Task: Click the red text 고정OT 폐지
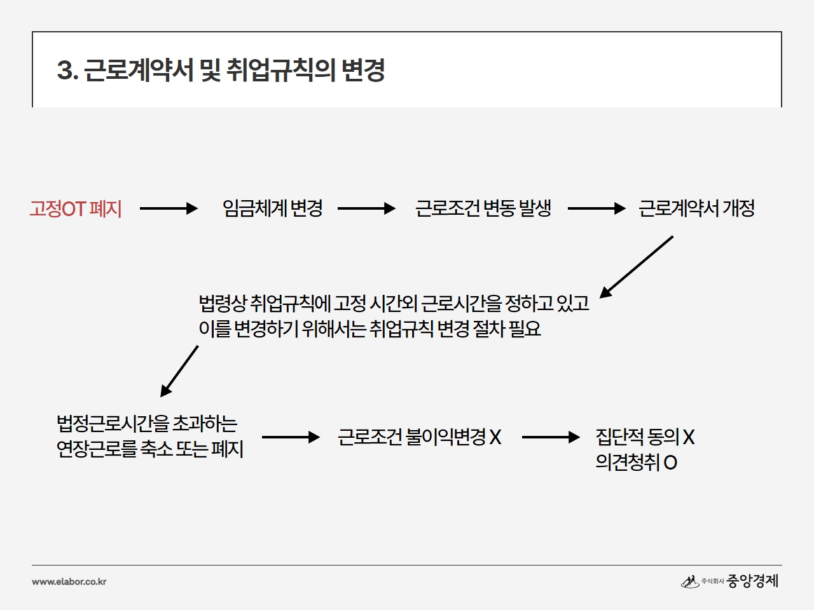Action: pyautogui.click(x=76, y=208)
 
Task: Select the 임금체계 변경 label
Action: pyautogui.click(x=273, y=208)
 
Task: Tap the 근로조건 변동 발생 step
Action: pyautogui.click(x=483, y=208)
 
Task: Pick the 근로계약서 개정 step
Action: pyautogui.click(x=696, y=208)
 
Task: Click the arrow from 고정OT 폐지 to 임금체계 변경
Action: pyautogui.click(x=169, y=208)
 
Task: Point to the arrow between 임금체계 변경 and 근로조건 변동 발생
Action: pyautogui.click(x=366, y=208)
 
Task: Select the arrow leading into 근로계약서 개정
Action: pyautogui.click(x=597, y=208)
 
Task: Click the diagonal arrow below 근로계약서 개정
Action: pyautogui.click(x=637, y=267)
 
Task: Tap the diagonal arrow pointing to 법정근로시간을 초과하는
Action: pyautogui.click(x=179, y=371)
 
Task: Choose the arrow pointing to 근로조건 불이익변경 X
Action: pyautogui.click(x=291, y=437)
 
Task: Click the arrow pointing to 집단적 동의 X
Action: pyautogui.click(x=551, y=437)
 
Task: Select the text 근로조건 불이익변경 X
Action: pyautogui.click(x=420, y=437)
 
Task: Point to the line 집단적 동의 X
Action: pyautogui.click(x=645, y=437)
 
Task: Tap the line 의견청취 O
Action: pyautogui.click(x=637, y=462)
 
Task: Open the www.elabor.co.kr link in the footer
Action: pyautogui.click(x=69, y=581)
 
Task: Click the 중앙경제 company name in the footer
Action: pyautogui.click(x=752, y=581)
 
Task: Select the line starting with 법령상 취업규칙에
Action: pyautogui.click(x=394, y=303)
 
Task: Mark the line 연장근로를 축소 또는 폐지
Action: pyautogui.click(x=150, y=449)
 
